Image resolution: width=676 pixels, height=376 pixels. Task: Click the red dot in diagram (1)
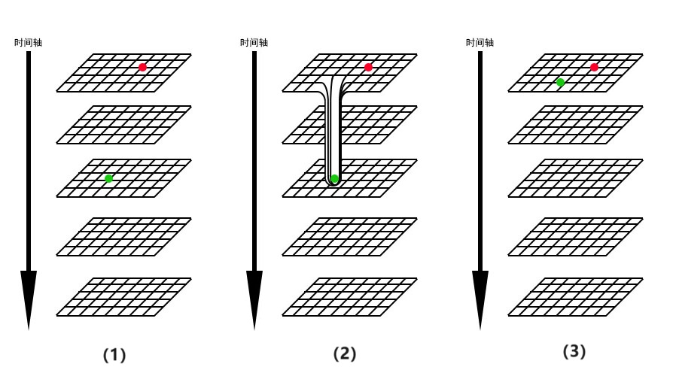pos(142,68)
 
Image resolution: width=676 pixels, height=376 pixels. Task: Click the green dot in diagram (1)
pos(109,178)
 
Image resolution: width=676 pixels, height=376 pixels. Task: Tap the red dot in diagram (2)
pos(368,68)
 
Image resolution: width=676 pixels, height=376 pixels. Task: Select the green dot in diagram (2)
pos(335,179)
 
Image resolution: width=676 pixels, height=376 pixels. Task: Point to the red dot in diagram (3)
pos(594,68)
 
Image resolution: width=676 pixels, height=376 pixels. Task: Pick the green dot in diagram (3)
pos(560,82)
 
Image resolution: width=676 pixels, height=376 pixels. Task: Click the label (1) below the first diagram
pos(114,353)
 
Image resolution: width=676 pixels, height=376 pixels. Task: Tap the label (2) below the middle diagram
pos(344,353)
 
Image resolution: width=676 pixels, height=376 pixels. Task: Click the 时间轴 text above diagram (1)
pos(29,42)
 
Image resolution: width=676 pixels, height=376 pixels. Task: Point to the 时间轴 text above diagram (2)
pos(254,42)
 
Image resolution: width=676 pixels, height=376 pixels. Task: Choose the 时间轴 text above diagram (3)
pos(480,42)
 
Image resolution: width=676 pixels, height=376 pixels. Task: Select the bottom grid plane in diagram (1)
pos(124,296)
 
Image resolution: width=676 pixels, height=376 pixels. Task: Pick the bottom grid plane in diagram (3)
pos(576,296)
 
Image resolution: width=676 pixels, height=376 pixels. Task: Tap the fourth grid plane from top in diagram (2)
pos(350,237)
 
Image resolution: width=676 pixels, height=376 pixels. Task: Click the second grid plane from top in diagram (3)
pos(576,124)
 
